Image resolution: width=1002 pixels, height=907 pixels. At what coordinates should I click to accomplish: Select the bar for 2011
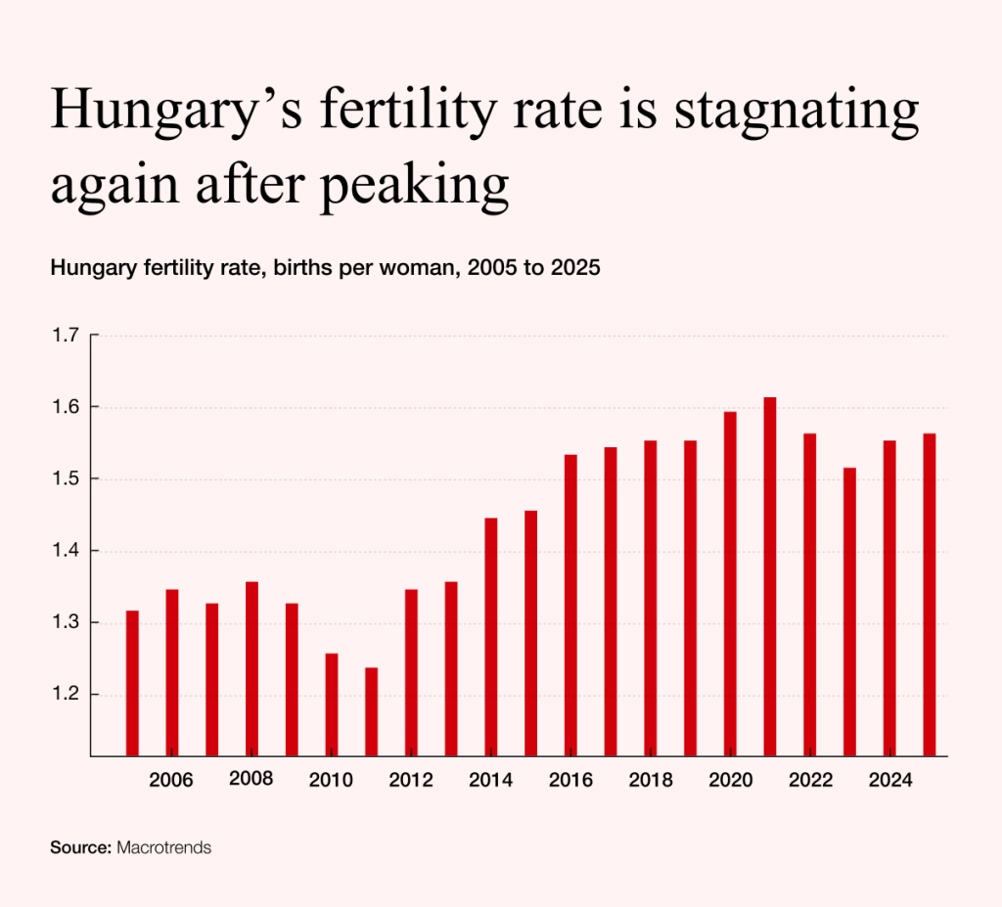pos(371,711)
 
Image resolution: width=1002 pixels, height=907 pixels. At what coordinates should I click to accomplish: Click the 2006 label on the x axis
pos(171,781)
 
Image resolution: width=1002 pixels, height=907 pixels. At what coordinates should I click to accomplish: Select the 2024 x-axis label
pos(889,781)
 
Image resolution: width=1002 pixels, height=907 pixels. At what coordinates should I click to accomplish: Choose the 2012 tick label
pos(411,781)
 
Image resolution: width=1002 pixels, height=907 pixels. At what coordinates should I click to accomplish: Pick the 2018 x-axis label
pos(650,781)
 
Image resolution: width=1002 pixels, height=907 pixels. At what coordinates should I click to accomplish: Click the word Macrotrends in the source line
pos(163,847)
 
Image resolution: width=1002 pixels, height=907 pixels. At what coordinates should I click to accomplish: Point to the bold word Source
pos(80,847)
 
